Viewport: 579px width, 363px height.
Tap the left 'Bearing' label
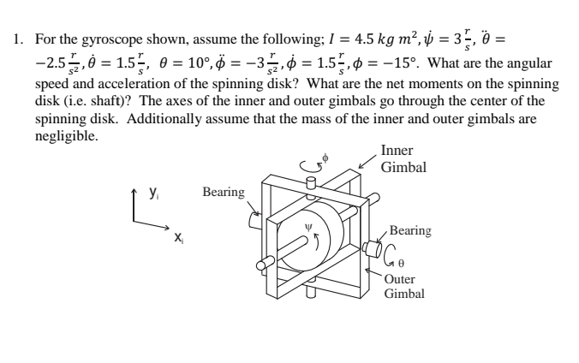224,192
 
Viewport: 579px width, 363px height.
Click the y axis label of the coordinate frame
153,193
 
